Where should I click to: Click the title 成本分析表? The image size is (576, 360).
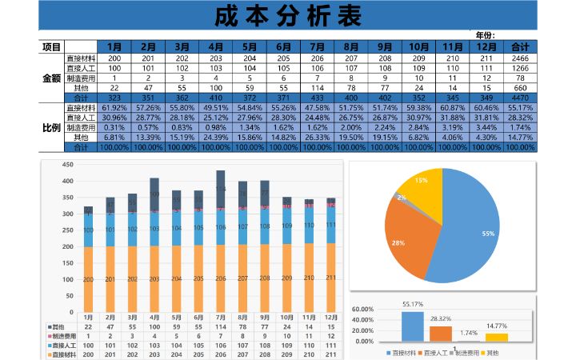(x=288, y=16)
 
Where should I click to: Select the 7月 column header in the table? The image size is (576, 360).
(x=317, y=47)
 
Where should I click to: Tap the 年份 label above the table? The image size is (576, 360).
(x=485, y=35)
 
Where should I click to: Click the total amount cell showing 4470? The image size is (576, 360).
(x=520, y=98)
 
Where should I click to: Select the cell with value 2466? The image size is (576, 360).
(x=520, y=58)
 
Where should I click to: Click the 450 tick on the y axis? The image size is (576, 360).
(x=67, y=165)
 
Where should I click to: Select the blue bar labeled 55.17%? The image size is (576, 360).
(x=412, y=326)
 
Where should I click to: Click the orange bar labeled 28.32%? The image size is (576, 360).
(x=441, y=333)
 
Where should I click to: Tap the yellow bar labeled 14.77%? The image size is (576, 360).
(x=497, y=337)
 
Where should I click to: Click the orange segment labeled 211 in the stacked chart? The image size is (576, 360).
(x=330, y=278)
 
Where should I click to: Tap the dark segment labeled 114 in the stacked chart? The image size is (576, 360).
(x=221, y=189)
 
